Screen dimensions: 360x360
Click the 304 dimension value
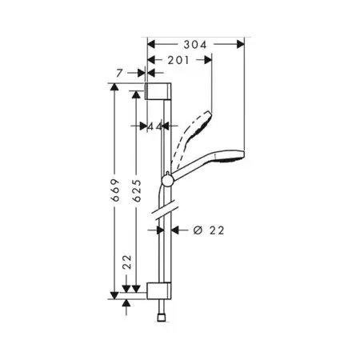(x=195, y=46)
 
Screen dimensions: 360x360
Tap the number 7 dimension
(x=119, y=73)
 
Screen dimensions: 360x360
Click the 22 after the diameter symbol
(x=214, y=230)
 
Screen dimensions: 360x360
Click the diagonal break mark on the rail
(x=164, y=214)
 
